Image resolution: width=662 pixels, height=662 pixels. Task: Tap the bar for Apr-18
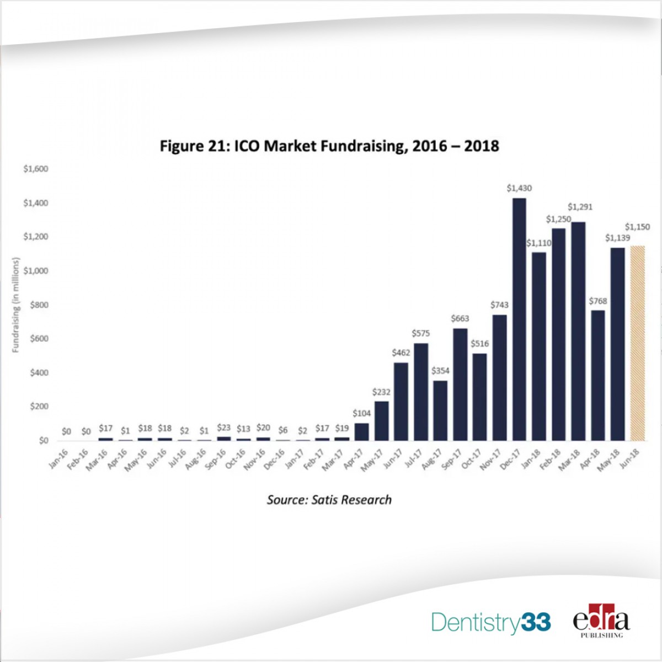[597, 375]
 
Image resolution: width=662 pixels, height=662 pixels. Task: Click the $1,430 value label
[519, 188]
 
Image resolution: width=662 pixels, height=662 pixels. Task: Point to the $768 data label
[597, 301]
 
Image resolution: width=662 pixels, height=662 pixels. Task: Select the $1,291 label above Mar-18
[580, 207]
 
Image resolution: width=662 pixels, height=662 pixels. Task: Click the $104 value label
[362, 413]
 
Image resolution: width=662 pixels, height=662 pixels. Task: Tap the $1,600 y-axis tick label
[36, 169]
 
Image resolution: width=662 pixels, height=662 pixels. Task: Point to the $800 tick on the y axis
[39, 305]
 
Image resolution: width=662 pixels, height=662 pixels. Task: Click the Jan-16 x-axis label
[58, 459]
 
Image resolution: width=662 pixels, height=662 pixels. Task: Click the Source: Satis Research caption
[329, 500]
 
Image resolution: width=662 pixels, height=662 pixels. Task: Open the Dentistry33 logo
[490, 622]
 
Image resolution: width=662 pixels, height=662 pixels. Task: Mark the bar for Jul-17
[420, 392]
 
